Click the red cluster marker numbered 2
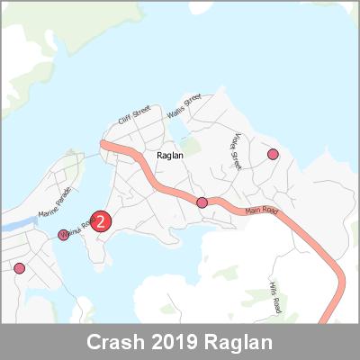[x=102, y=220]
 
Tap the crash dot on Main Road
[x=202, y=202]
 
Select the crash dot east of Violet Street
[x=273, y=155]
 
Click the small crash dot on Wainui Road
[x=64, y=235]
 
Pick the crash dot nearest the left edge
[x=19, y=267]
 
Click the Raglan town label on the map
[x=170, y=156]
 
